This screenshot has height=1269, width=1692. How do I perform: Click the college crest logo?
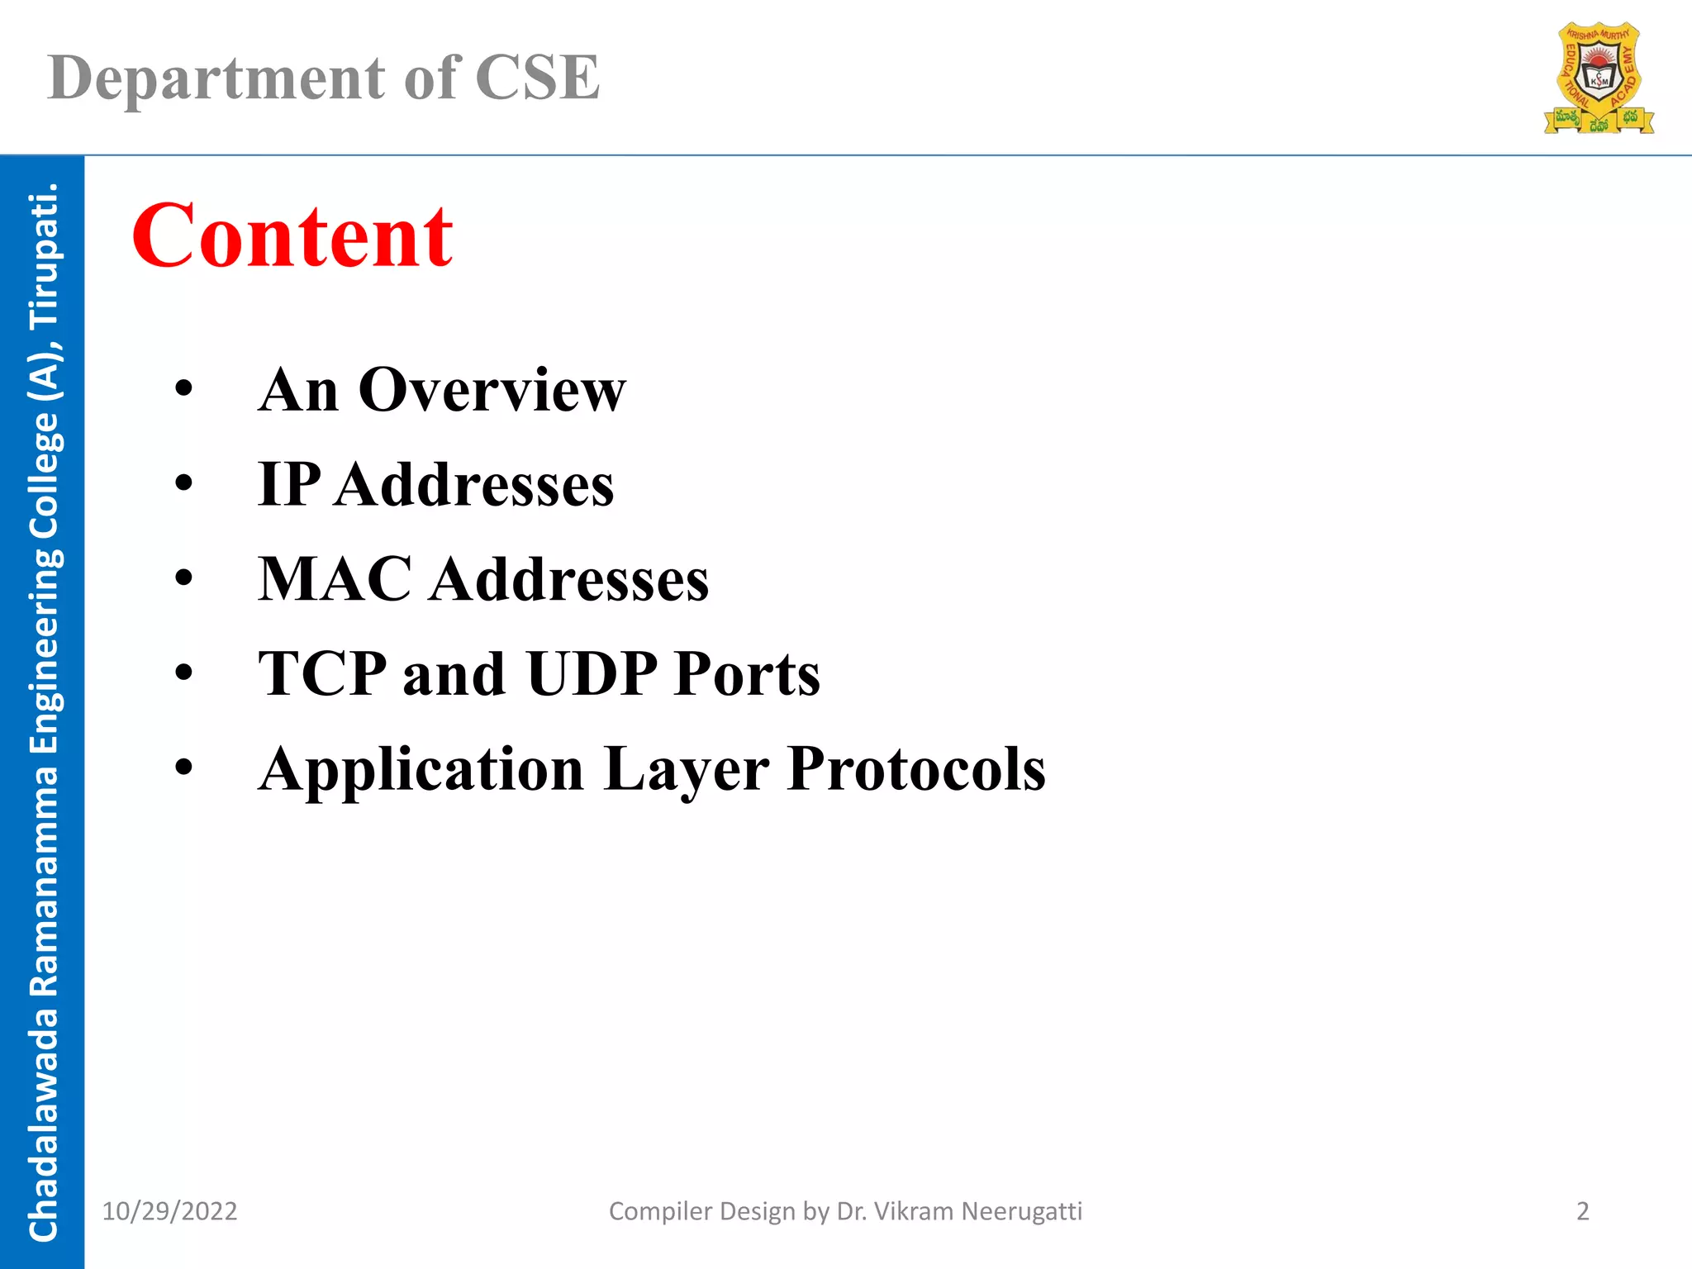tap(1599, 78)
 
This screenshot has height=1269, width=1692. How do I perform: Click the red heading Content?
tap(292, 237)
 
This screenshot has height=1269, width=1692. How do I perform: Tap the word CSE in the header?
tap(537, 78)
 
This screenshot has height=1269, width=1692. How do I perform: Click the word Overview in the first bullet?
tap(492, 390)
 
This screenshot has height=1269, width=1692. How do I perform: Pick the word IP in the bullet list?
tap(289, 484)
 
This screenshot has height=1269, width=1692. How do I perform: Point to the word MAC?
tap(335, 579)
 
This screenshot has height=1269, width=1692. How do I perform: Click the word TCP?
tap(322, 674)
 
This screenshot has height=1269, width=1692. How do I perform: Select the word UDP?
tap(592, 674)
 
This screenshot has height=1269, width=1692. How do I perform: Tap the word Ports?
tap(747, 674)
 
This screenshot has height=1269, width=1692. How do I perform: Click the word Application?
tap(421, 770)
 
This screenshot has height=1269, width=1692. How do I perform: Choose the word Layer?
tap(686, 770)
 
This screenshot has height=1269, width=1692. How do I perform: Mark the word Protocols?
tap(916, 770)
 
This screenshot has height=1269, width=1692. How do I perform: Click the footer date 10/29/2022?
tap(169, 1211)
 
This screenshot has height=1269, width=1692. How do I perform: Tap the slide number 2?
tap(1583, 1211)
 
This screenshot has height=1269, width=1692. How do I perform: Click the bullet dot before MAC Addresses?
tap(183, 577)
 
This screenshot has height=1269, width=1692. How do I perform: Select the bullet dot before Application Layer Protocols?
tap(183, 768)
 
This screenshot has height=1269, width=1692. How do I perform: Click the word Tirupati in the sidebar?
tap(43, 256)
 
